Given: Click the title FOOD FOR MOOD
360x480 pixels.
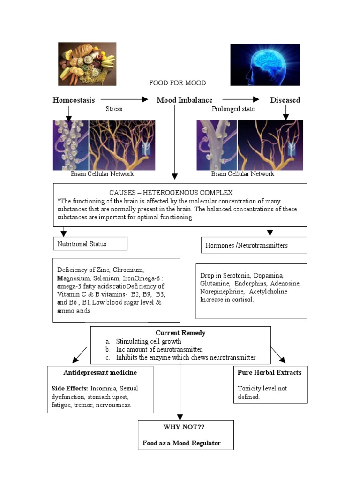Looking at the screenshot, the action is pos(178,83).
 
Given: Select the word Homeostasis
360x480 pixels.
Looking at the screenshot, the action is pos(74,100).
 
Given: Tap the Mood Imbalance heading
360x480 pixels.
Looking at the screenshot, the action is pos(185,100).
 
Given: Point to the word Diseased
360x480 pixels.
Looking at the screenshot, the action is pos(285,100).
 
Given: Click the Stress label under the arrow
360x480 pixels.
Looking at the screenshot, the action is pos(114,109).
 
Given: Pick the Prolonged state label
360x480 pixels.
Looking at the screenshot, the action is pos(233,109).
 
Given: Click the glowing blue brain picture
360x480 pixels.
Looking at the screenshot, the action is pos(265,65).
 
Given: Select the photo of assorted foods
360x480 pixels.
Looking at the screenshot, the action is pos(87,64).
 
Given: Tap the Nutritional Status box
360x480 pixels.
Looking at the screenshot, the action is pos(90,244).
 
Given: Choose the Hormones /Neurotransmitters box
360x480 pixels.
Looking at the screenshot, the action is pos(254,245).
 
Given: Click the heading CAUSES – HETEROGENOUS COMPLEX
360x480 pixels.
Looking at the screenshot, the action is pos(171,193).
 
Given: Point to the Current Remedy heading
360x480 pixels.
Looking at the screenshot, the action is pos(180,333).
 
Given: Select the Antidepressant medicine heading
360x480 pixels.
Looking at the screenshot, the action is pos(100,372).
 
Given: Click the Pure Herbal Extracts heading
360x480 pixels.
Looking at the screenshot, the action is pos(270,372).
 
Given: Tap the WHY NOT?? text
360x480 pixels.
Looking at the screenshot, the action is pos(184,427).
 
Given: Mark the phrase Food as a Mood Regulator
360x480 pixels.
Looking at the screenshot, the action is pos(181,443).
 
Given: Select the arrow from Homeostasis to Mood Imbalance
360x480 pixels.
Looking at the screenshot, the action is pos(124,99).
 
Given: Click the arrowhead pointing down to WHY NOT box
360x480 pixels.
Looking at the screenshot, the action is pos(180,417).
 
